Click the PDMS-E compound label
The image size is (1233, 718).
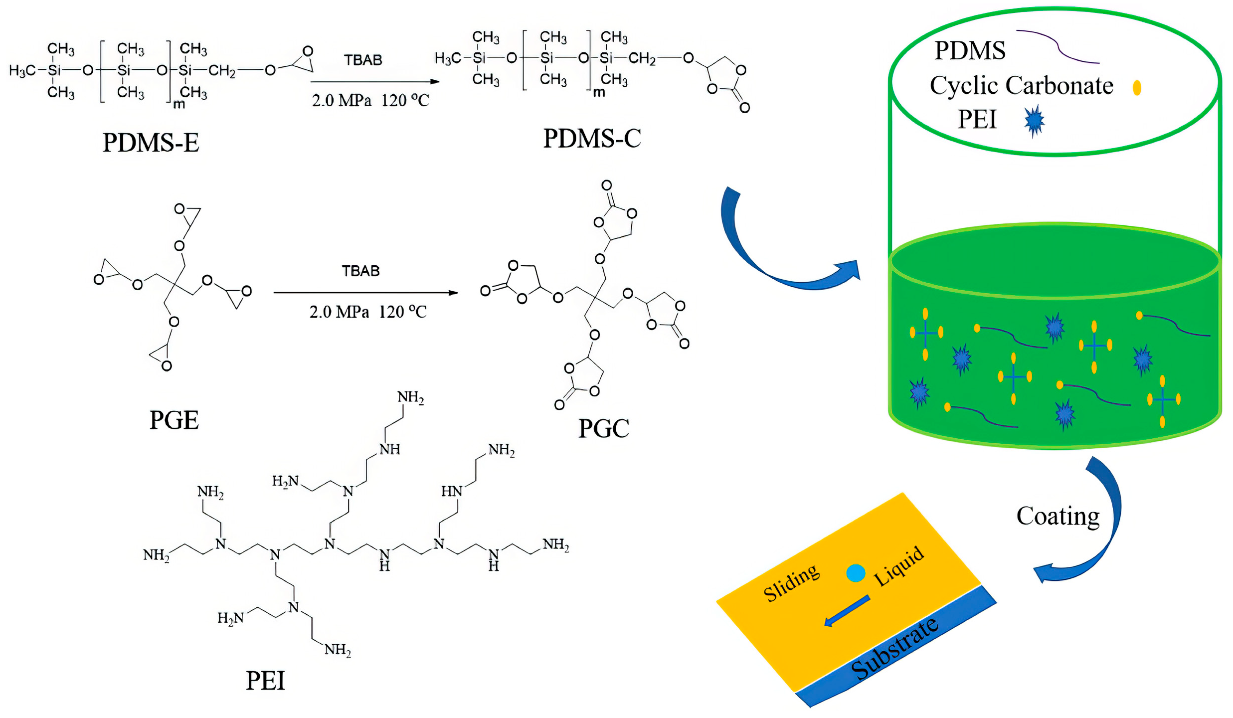pyautogui.click(x=151, y=143)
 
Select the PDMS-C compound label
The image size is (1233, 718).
pyautogui.click(x=592, y=139)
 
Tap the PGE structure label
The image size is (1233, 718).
pyautogui.click(x=174, y=420)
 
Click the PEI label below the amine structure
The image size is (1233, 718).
pyautogui.click(x=265, y=681)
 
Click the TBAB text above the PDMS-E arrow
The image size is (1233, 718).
pyautogui.click(x=363, y=60)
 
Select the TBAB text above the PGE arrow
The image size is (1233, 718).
pyautogui.click(x=360, y=271)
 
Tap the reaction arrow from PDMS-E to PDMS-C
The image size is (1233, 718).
pyautogui.click(x=374, y=82)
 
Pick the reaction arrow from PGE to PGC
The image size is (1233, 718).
pyautogui.click(x=365, y=293)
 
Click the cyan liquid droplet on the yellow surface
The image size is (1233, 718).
pyautogui.click(x=856, y=573)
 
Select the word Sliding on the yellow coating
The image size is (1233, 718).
pyautogui.click(x=791, y=582)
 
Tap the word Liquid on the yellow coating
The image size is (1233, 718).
pyautogui.click(x=899, y=566)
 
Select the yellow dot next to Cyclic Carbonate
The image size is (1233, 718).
pyautogui.click(x=1137, y=88)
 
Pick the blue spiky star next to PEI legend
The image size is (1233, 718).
pyautogui.click(x=1035, y=121)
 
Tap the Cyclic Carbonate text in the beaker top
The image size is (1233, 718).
pyautogui.click(x=1021, y=86)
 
